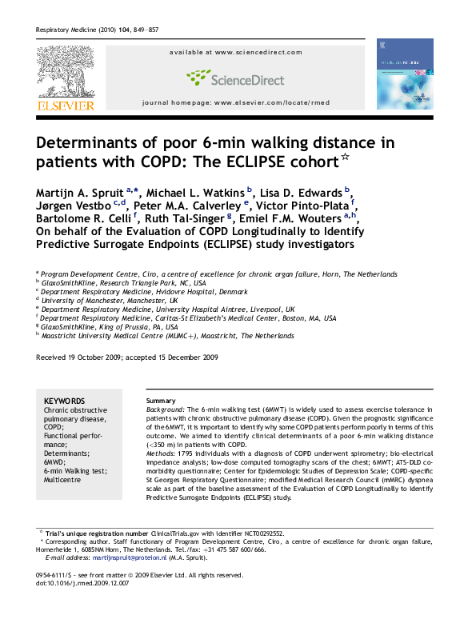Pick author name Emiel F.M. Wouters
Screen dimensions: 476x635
[x=294, y=221]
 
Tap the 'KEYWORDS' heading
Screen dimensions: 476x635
[x=64, y=401]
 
